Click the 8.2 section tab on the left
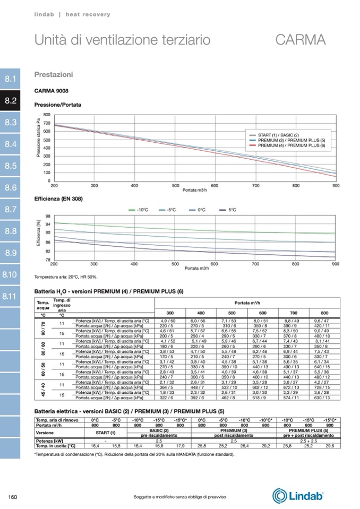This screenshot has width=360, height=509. tap(11, 100)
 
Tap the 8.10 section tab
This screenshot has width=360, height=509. tap(11, 274)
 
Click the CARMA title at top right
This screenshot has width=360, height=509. tap(300, 40)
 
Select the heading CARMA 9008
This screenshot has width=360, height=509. tap(52, 91)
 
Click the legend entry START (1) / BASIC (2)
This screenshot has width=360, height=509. tap(278, 135)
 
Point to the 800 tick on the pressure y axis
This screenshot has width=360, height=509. tap(47, 115)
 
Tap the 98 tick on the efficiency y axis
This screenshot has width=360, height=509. tap(48, 217)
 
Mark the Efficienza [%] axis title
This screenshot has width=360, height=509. tap(39, 237)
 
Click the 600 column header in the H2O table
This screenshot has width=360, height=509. tap(262, 313)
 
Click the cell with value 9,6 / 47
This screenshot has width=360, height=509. tap(322, 321)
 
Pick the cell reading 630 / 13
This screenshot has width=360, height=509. tap(322, 398)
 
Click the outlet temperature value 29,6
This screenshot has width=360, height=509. tap(330, 446)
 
